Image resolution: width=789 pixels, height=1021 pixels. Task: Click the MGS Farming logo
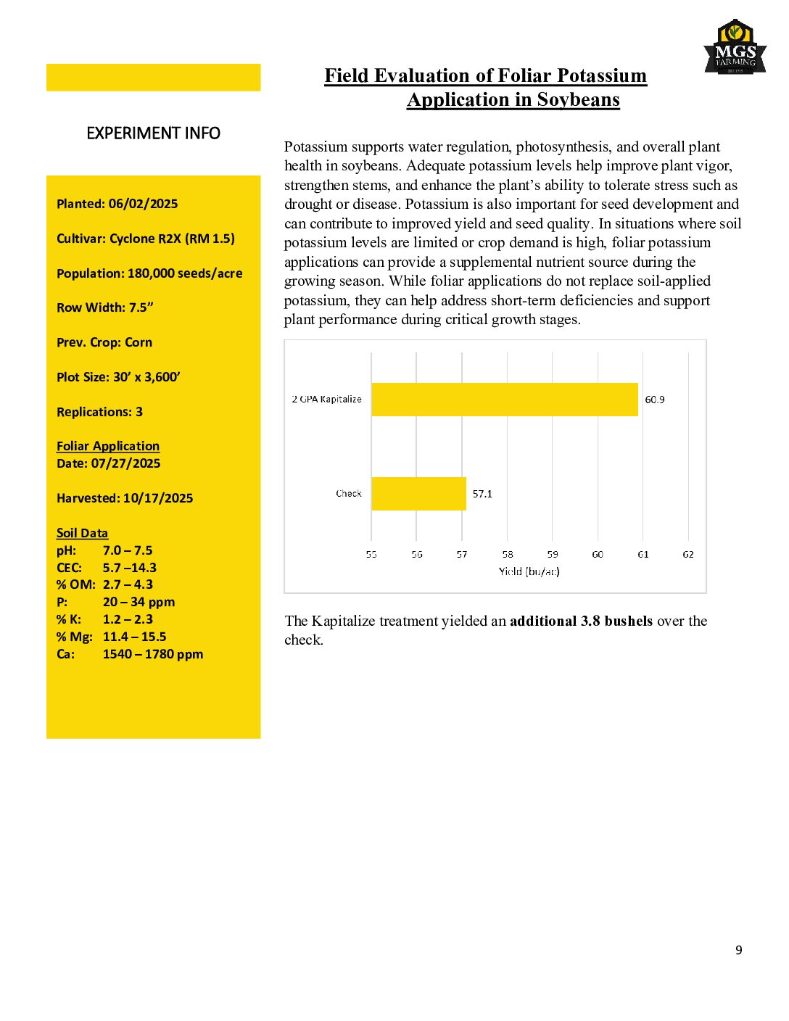[735, 48]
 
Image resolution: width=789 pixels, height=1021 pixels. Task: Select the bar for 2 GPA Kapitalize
[504, 400]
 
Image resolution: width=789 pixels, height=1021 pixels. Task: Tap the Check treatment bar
[418, 494]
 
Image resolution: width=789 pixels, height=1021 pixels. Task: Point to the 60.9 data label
[654, 400]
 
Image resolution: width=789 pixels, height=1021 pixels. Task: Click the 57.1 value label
[482, 494]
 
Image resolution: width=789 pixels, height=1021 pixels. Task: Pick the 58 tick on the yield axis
[508, 554]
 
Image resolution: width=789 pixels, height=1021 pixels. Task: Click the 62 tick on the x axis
[688, 554]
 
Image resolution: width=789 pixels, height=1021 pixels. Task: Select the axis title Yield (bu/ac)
[529, 571]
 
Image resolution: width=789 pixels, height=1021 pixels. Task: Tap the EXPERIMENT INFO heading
[153, 133]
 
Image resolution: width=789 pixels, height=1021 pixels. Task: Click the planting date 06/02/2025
[143, 204]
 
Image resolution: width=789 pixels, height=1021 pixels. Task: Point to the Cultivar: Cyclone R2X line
[146, 239]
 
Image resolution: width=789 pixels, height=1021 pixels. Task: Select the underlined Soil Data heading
[82, 533]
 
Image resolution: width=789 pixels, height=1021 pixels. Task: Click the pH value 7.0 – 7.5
[128, 550]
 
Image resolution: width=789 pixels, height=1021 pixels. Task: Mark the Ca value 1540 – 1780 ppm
[153, 654]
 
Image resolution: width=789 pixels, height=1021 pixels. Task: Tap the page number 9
[738, 950]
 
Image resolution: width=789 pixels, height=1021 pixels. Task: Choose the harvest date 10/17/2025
[158, 498]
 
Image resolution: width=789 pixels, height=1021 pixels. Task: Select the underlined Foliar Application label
[108, 446]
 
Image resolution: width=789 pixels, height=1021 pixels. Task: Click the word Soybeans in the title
[578, 100]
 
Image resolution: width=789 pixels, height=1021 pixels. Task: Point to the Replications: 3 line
[99, 412]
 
